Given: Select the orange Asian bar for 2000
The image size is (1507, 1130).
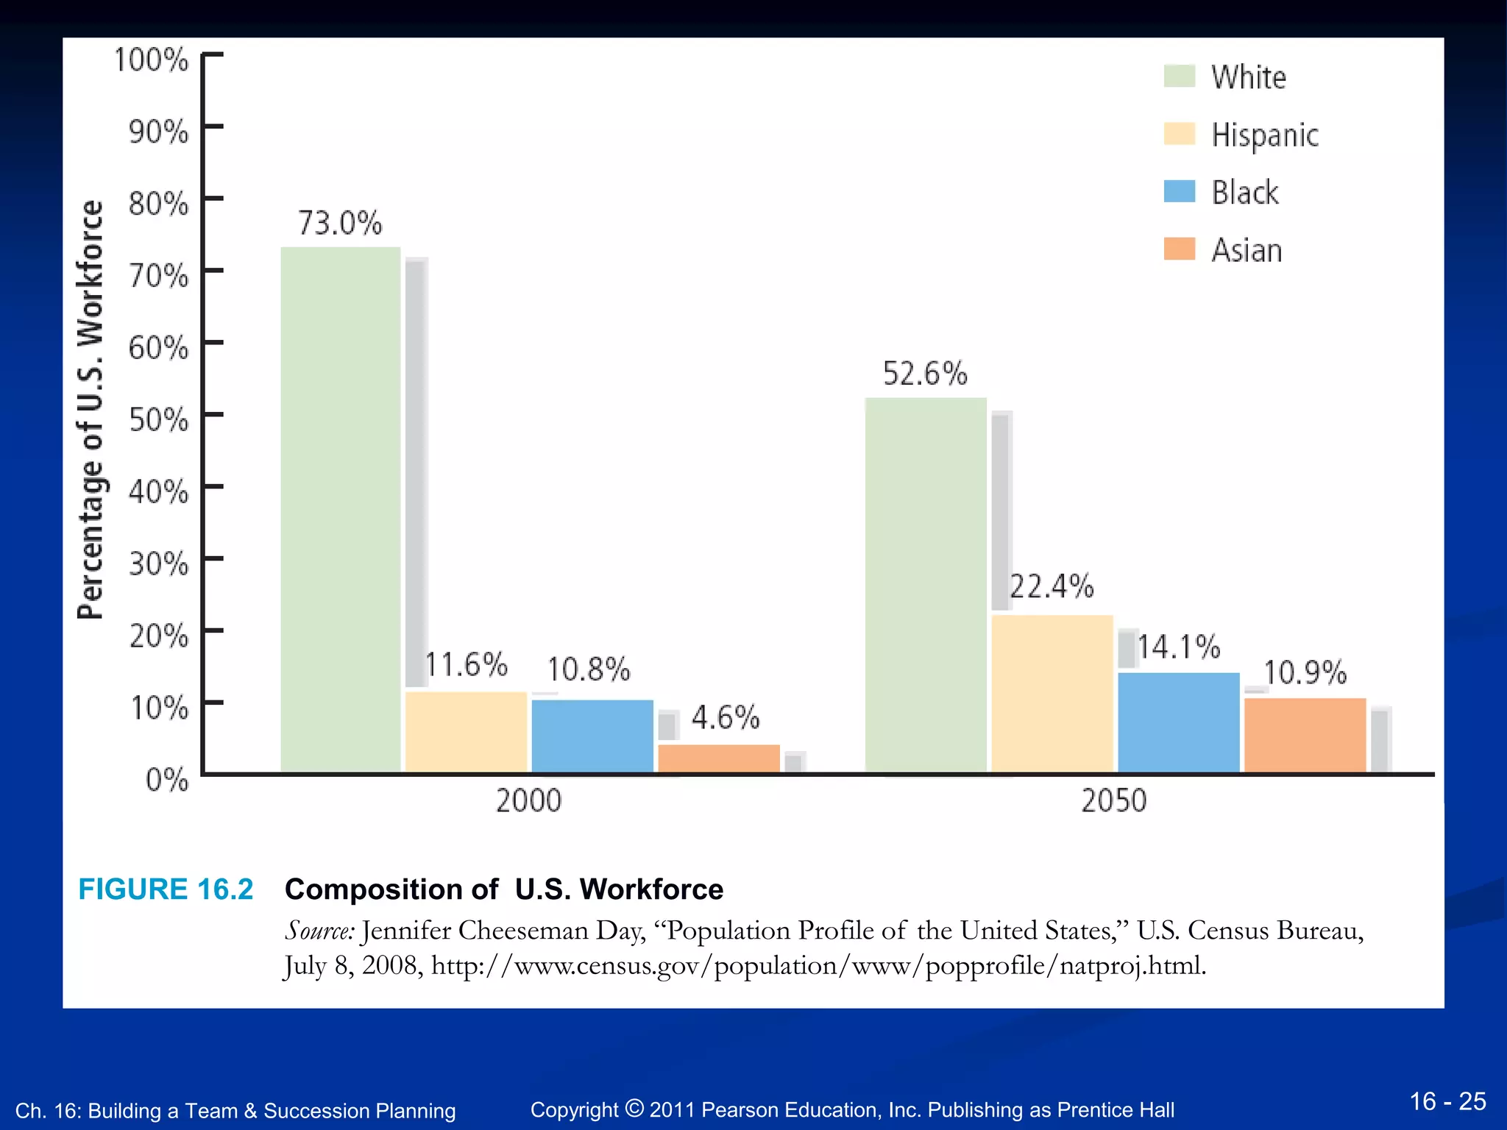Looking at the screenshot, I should [719, 758].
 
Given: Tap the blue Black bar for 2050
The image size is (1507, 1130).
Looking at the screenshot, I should [1179, 722].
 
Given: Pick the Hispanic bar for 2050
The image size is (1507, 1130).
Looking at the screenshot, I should [1052, 694].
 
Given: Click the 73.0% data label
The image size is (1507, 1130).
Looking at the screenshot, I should [340, 223].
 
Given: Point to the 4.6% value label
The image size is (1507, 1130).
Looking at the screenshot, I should [726, 717].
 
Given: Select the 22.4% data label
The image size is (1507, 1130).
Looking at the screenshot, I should [1052, 587].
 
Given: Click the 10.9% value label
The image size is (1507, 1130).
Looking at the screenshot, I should [1305, 672].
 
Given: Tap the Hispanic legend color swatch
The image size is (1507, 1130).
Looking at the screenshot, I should [1180, 134].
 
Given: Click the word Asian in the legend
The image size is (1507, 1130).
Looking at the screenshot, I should [1247, 250].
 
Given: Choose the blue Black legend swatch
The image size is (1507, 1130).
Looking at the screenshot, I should [1180, 191].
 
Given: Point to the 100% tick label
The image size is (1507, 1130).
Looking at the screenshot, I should [151, 60].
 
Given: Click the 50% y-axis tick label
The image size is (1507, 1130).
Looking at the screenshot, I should [158, 420].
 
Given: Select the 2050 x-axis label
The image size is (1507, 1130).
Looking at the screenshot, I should [1113, 800].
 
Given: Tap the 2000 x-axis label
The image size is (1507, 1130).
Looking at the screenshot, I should [528, 800].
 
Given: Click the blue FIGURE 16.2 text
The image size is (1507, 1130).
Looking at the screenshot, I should [166, 889].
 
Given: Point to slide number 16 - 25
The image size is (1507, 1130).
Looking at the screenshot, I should [1447, 1101].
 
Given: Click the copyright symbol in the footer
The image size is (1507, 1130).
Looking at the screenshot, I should [634, 1107].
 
